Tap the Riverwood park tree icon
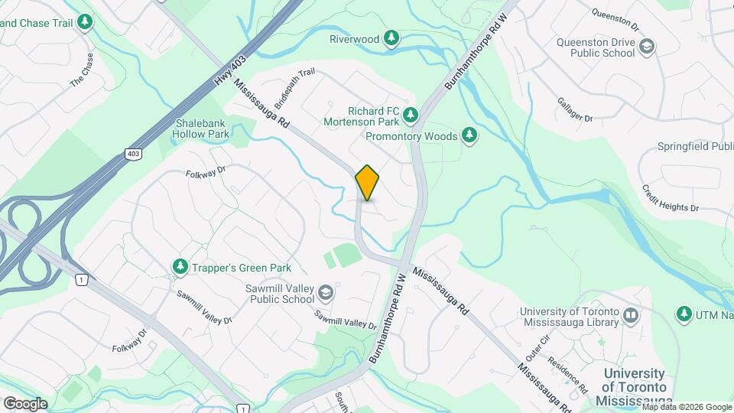[391, 38]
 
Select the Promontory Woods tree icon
[470, 136]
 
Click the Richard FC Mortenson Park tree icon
[411, 115]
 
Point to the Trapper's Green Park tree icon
[180, 267]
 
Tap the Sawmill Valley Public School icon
[326, 293]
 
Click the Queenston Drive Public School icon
[647, 47]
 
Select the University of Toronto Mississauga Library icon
[631, 316]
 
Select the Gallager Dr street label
[575, 109]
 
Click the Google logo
[24, 404]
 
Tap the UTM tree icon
[684, 314]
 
